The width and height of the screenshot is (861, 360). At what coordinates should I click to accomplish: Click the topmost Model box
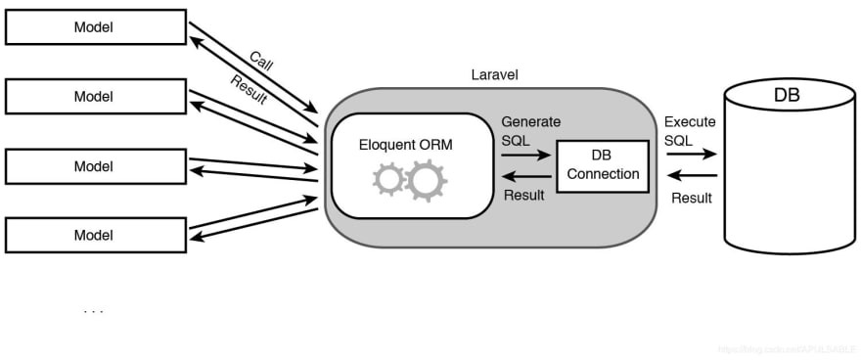(94, 27)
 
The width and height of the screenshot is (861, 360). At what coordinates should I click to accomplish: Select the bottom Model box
(94, 236)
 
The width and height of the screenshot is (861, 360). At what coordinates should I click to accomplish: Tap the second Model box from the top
(94, 97)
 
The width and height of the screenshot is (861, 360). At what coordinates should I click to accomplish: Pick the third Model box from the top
(94, 166)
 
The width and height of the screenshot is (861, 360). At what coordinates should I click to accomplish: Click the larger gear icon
(427, 181)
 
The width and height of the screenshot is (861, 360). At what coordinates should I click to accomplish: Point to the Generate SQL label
(530, 131)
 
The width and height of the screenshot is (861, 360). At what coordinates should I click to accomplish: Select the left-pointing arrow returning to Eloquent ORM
(524, 175)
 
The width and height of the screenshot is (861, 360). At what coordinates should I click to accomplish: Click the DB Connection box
(602, 165)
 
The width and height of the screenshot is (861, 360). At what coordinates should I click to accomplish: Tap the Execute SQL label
(690, 131)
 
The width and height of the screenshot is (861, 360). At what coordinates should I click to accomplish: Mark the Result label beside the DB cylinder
(691, 198)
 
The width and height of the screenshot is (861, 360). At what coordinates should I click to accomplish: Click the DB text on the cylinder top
(787, 96)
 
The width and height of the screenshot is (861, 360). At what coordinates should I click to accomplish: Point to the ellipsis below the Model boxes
(93, 312)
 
